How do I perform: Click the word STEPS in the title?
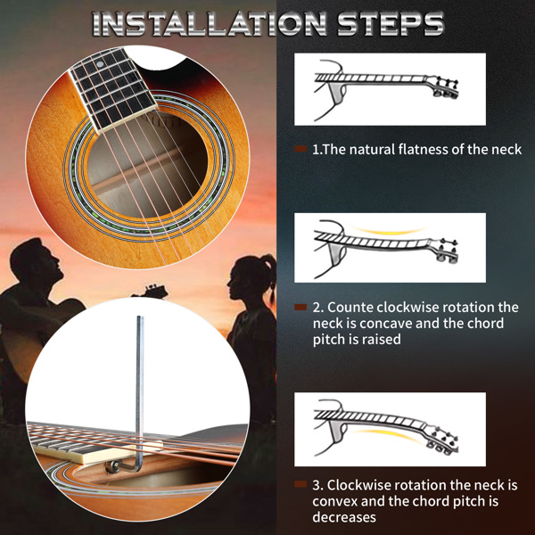coord(391,23)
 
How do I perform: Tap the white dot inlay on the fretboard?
coord(99,64)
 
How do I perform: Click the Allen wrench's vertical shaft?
coord(140,389)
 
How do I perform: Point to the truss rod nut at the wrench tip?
coord(111,466)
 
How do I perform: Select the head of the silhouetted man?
coord(37,259)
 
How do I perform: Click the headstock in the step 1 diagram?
coord(442,87)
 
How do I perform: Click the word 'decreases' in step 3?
coord(344,517)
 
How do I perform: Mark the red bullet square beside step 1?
coord(300,149)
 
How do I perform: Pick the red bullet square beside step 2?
coord(300,307)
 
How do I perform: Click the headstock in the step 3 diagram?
coord(441,440)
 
